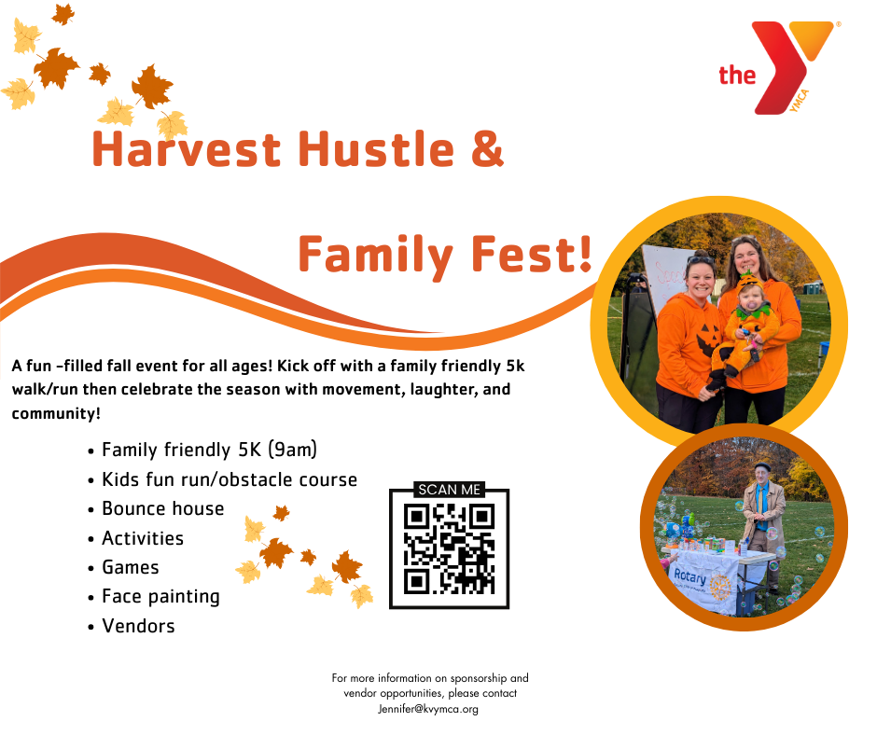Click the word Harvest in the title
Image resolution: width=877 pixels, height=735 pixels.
(187, 149)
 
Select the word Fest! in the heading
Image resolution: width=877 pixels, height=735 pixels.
(532, 255)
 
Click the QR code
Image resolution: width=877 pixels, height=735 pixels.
(449, 548)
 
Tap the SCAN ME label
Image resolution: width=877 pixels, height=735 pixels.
(449, 490)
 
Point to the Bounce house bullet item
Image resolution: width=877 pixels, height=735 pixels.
(162, 508)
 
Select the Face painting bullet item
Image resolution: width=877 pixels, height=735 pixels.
(160, 597)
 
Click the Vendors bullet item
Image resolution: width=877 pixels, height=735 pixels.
(138, 626)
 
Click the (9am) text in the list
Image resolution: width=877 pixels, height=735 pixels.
(292, 450)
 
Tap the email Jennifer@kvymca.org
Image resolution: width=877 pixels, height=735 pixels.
(428, 709)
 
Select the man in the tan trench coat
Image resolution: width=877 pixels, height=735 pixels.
(763, 526)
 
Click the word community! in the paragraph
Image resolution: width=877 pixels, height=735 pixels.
(56, 414)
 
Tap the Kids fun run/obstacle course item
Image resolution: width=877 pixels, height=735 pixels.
(230, 479)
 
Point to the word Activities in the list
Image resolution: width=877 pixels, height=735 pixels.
(143, 538)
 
